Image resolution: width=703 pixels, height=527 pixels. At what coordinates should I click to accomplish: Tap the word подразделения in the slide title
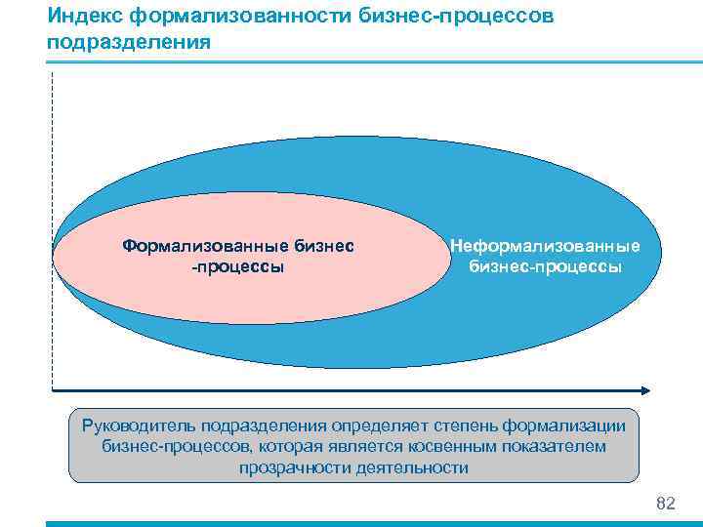[x=127, y=43]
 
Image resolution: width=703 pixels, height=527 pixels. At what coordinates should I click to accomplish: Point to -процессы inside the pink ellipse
[x=237, y=266]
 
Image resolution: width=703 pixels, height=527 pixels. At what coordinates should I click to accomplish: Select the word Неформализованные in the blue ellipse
[x=545, y=246]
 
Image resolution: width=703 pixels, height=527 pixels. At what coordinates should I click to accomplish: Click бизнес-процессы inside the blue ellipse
[x=545, y=266]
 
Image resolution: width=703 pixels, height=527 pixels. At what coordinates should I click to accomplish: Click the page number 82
[x=666, y=504]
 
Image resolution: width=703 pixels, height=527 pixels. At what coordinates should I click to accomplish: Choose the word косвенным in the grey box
[x=450, y=446]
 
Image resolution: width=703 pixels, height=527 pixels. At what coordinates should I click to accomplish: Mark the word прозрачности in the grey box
[x=288, y=467]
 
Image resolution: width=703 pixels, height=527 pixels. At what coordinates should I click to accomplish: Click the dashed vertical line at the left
[x=51, y=224]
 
